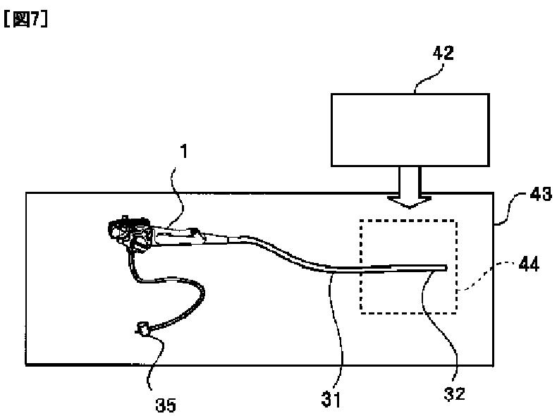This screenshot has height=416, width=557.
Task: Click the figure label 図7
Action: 25,19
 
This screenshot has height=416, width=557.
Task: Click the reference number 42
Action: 443,53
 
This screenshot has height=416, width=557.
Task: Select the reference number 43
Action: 541,194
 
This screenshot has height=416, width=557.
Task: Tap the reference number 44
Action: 529,264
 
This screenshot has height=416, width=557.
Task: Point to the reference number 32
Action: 454,393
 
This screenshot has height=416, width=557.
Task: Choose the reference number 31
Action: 331,399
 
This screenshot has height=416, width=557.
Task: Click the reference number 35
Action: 166,405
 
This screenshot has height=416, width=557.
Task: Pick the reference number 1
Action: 184,152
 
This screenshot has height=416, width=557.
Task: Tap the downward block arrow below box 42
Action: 410,188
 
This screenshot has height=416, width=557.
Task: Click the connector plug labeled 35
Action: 143,329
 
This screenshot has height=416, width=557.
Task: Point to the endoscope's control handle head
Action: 130,233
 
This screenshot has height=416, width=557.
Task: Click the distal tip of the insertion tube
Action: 446,267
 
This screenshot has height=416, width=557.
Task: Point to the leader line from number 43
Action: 511,209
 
